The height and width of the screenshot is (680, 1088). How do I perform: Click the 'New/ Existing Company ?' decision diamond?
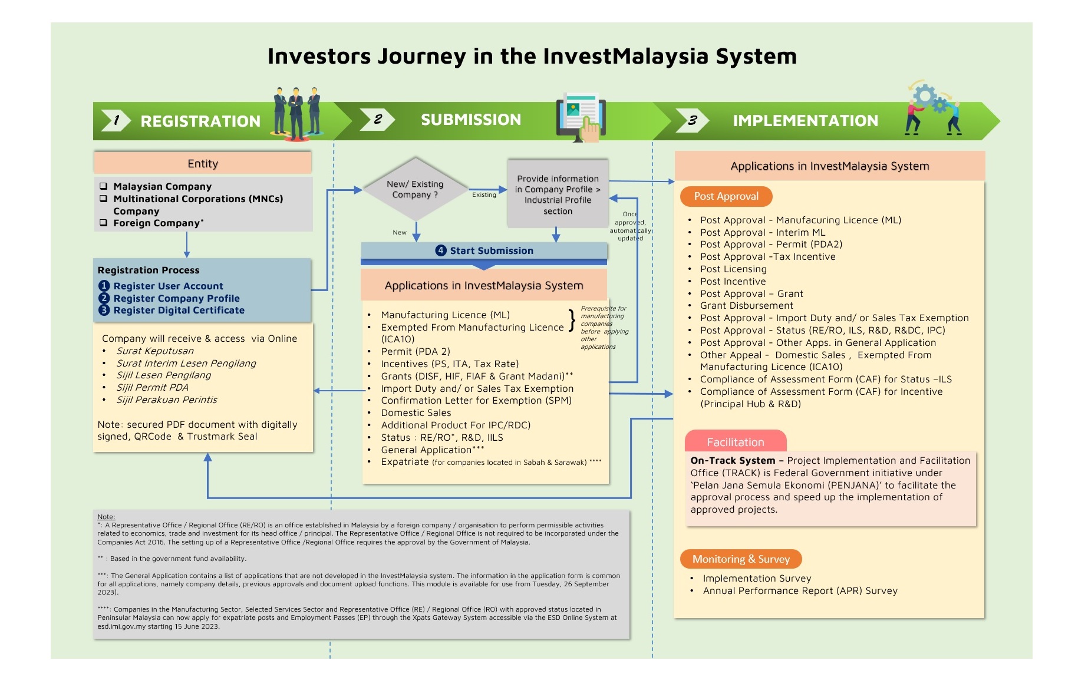(416, 189)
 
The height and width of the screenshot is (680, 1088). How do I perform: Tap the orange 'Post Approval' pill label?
(726, 196)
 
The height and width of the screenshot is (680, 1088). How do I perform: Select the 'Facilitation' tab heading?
(735, 442)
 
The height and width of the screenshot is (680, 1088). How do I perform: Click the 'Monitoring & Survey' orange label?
(740, 559)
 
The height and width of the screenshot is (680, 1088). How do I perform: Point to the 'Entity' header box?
(202, 163)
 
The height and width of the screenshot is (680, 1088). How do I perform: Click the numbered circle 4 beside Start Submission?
(441, 250)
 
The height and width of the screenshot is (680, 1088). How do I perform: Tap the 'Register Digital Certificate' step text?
(179, 310)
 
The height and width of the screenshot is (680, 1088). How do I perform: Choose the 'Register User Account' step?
(168, 286)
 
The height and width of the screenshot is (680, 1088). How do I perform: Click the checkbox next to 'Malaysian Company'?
(104, 186)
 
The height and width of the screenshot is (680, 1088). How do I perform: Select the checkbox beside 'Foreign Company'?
(104, 223)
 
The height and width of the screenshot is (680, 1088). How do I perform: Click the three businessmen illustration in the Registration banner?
(297, 114)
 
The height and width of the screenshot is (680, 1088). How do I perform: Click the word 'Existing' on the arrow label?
(484, 195)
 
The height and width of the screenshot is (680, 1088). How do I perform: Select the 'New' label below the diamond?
(400, 232)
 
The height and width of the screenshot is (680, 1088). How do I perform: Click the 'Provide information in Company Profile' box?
(558, 194)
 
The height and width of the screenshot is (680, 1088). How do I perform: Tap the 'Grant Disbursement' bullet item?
(746, 305)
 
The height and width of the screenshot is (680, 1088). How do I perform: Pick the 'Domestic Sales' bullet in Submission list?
(416, 412)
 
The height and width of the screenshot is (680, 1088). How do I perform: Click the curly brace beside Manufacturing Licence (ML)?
(571, 321)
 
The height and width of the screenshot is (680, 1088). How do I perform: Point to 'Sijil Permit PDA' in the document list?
(152, 387)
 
